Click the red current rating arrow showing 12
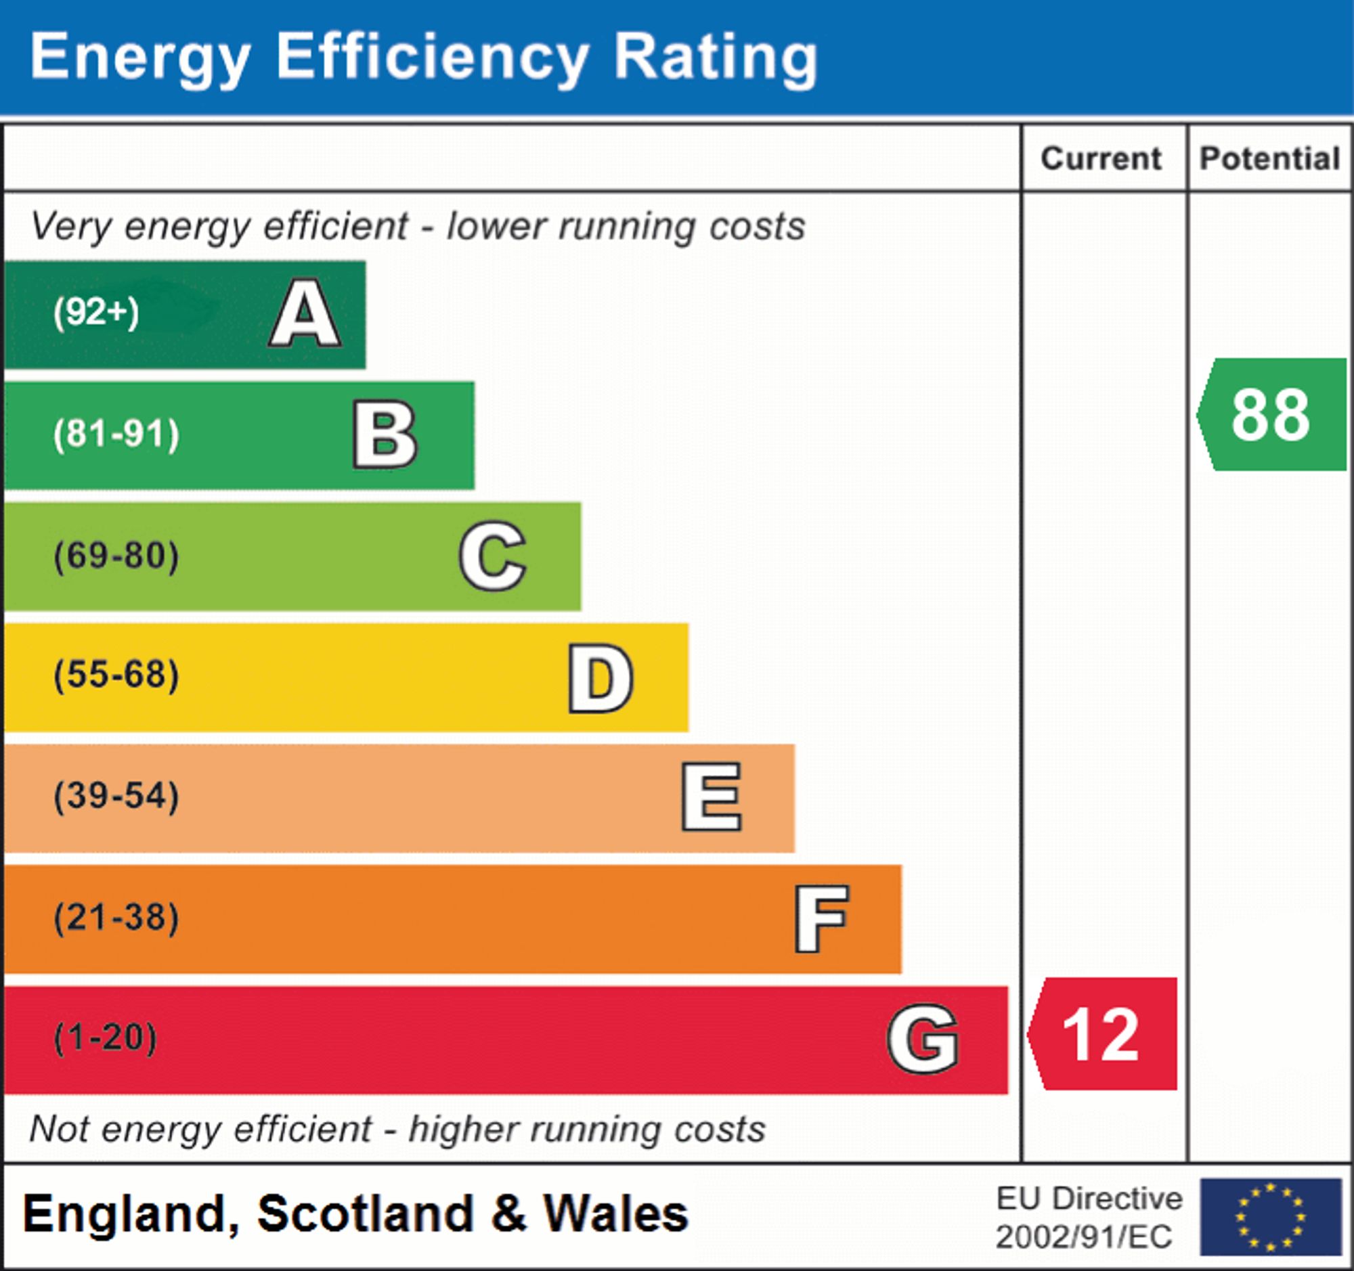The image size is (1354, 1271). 1104,1035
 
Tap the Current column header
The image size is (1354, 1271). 1101,158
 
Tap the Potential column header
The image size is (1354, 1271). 1270,158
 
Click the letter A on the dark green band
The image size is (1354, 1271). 305,314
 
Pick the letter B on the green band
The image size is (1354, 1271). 385,435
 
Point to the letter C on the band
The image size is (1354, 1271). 492,556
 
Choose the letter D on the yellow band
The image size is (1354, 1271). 600,678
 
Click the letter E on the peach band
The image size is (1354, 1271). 712,797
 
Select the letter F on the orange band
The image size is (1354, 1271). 821,919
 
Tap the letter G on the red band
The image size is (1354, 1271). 923,1040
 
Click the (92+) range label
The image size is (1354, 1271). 96,313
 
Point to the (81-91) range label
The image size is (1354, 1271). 116,434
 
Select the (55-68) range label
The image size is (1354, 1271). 116,675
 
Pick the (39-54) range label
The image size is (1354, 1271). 116,796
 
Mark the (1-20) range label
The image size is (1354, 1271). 106,1038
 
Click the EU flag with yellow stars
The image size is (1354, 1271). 1270,1217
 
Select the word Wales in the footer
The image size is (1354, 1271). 615,1214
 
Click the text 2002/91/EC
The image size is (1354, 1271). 1084,1237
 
